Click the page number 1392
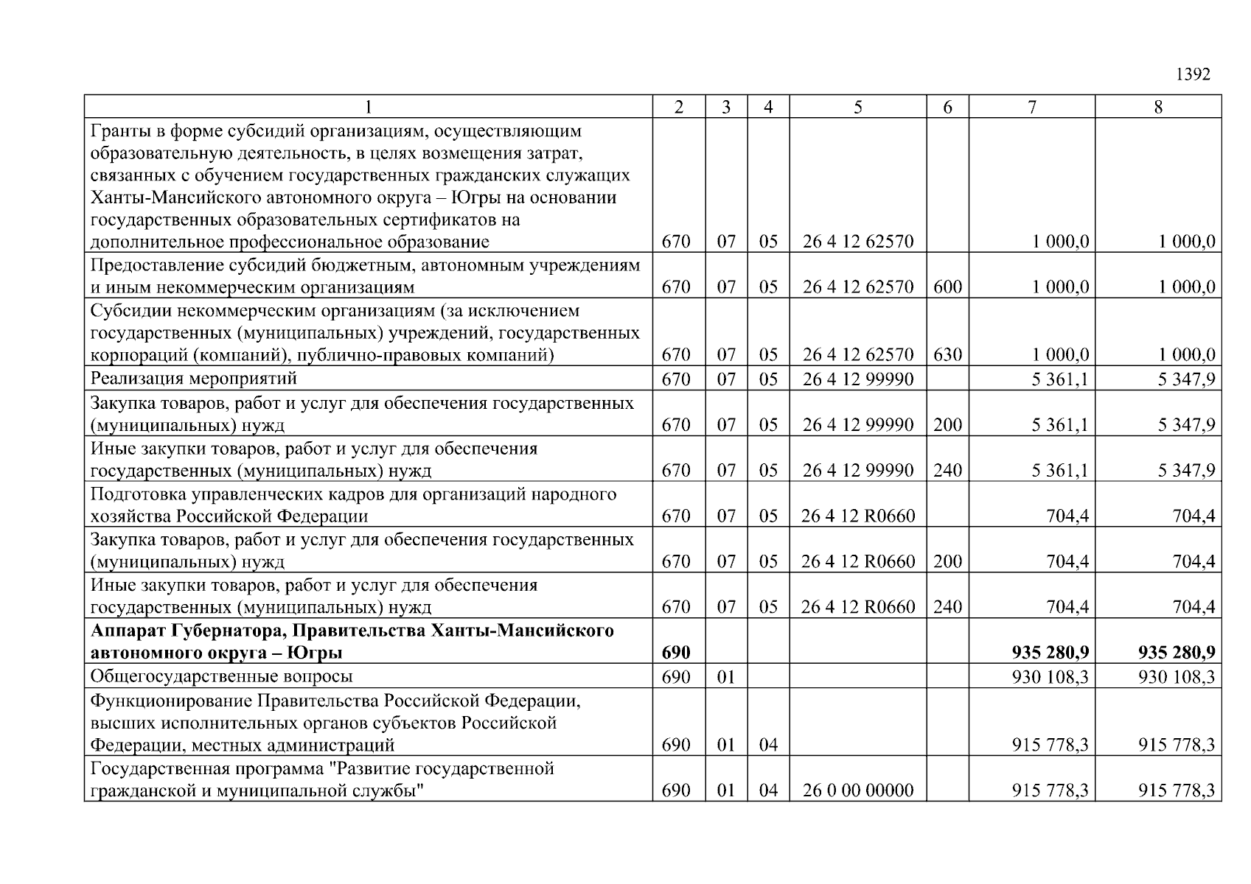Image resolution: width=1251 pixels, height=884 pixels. click(x=1192, y=74)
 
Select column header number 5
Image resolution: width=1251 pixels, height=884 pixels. click(x=857, y=108)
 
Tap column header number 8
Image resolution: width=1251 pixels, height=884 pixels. click(x=1158, y=108)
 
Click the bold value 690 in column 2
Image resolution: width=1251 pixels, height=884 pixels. click(x=676, y=653)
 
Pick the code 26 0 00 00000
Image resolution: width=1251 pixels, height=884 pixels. click(x=857, y=791)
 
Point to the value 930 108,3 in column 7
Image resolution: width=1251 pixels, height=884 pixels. click(x=1050, y=676)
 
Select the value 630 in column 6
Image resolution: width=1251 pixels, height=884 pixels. click(x=947, y=355)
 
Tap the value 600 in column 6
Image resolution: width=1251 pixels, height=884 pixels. click(x=947, y=287)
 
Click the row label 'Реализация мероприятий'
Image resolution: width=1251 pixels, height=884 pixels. click(x=193, y=379)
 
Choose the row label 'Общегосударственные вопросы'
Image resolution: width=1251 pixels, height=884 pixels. click(x=221, y=676)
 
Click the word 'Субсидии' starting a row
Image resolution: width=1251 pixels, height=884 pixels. click(x=123, y=311)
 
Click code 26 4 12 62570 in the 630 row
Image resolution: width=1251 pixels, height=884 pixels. click(x=857, y=355)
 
